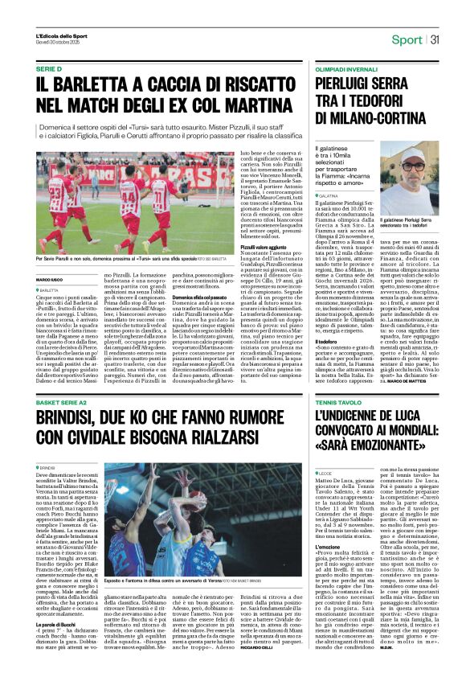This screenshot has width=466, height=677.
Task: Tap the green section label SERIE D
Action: (49, 71)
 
